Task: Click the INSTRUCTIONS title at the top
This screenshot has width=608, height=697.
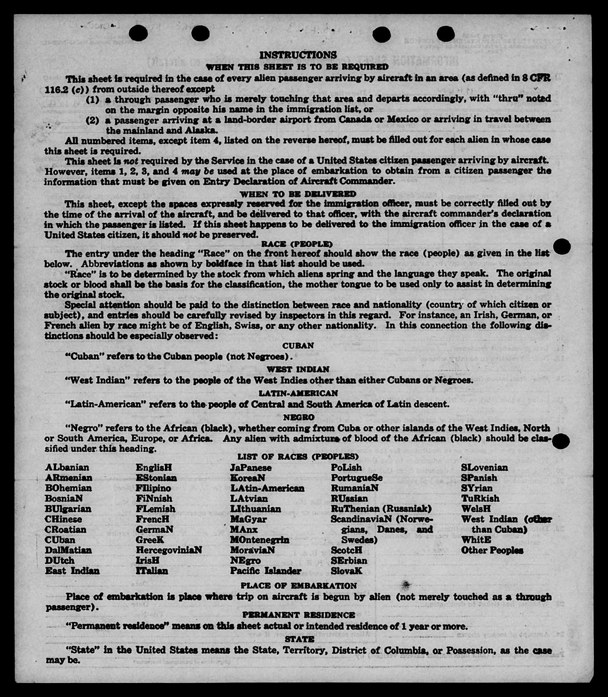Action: (x=298, y=55)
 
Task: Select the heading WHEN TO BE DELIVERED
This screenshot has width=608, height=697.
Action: (x=298, y=194)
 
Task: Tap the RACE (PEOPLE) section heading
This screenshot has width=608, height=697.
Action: (x=297, y=244)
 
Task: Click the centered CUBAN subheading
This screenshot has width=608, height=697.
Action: (x=298, y=345)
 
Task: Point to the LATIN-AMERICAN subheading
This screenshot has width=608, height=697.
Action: (x=298, y=393)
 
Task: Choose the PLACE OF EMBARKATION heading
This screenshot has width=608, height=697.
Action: (x=299, y=586)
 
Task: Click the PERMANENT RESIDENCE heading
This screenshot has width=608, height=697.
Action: (x=299, y=615)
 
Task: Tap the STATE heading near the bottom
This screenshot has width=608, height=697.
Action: (x=299, y=639)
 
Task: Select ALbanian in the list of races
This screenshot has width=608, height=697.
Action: (x=67, y=468)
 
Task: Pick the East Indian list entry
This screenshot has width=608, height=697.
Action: (x=72, y=571)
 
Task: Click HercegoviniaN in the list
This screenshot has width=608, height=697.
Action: (x=169, y=550)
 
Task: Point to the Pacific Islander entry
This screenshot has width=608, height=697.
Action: (x=265, y=571)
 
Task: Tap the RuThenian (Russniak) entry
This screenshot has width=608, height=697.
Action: (x=381, y=509)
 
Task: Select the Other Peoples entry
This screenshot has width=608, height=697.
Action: (x=492, y=550)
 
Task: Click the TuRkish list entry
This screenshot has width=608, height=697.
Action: (x=480, y=498)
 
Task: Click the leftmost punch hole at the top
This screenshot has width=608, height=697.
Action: (x=138, y=33)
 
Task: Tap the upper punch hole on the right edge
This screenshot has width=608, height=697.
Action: (x=562, y=247)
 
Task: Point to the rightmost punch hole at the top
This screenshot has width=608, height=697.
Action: (x=446, y=34)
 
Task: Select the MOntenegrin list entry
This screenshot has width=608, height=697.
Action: (x=260, y=540)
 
